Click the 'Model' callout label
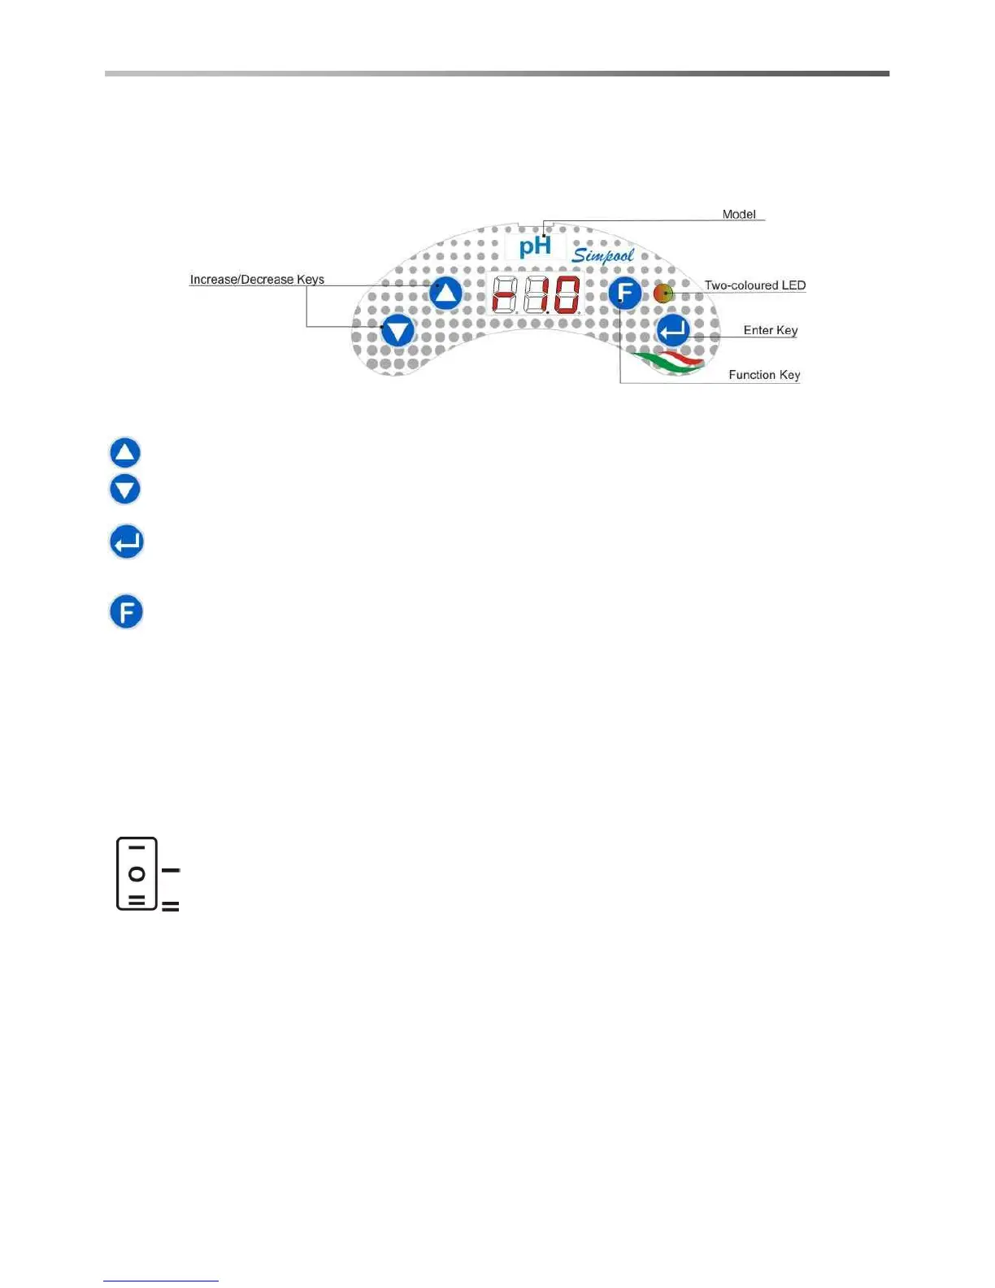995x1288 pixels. pos(738,214)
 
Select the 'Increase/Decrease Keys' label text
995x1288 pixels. pos(257,279)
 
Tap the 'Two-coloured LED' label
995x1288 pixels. pos(754,285)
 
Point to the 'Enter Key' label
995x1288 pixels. pos(770,330)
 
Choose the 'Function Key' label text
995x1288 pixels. pos(764,375)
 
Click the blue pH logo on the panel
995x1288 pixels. pos(535,246)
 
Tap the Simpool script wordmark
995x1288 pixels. pos(603,255)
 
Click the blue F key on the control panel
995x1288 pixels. pos(624,293)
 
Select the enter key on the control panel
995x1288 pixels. pos(673,331)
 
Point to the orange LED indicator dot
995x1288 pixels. pos(663,293)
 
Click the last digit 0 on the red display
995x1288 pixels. pos(567,294)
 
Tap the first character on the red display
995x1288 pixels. pos(505,294)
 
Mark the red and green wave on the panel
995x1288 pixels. pos(669,362)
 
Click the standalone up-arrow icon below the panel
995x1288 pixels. pos(125,453)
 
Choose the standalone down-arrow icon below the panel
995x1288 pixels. pos(125,490)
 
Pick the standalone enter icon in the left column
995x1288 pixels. pos(127,542)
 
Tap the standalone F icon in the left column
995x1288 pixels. pos(126,612)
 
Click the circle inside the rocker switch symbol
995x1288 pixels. pos(137,874)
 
